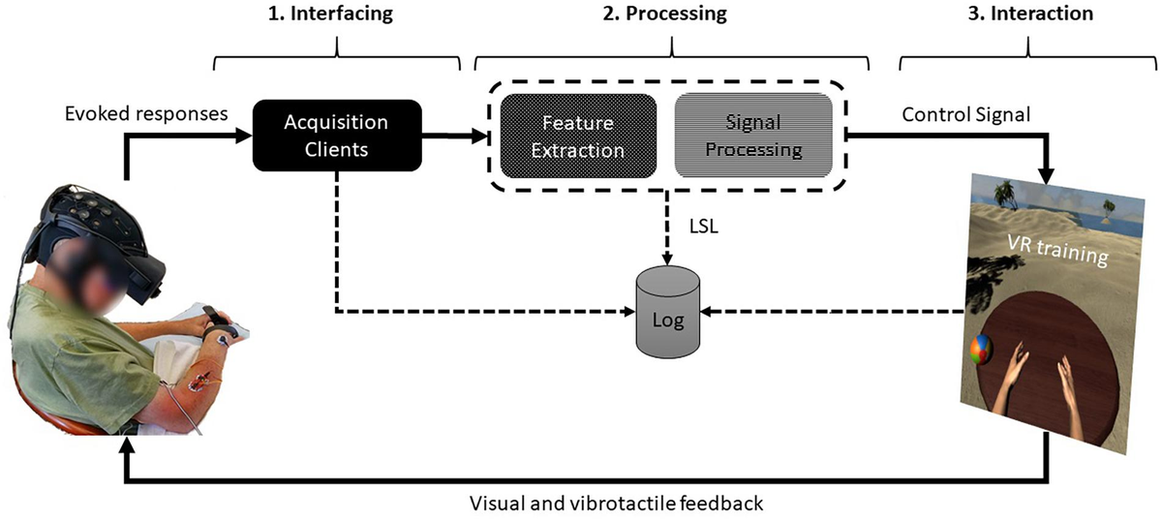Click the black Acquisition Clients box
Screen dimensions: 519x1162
click(x=336, y=136)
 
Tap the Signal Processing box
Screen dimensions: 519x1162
click(x=751, y=137)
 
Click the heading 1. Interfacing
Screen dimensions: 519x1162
click(x=336, y=15)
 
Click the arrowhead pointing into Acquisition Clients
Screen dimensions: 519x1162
click(x=244, y=136)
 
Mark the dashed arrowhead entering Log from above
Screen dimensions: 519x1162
click(x=668, y=259)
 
